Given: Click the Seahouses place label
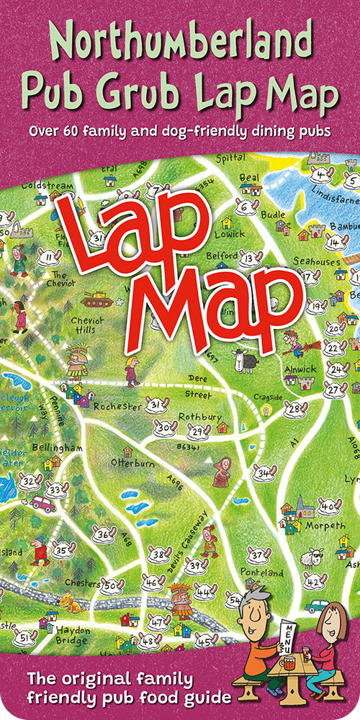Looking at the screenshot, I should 318,262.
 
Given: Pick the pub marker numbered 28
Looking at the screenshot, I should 294,410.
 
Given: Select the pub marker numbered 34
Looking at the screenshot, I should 264,473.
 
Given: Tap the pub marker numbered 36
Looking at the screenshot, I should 104,534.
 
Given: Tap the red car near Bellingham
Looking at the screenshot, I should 42,504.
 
